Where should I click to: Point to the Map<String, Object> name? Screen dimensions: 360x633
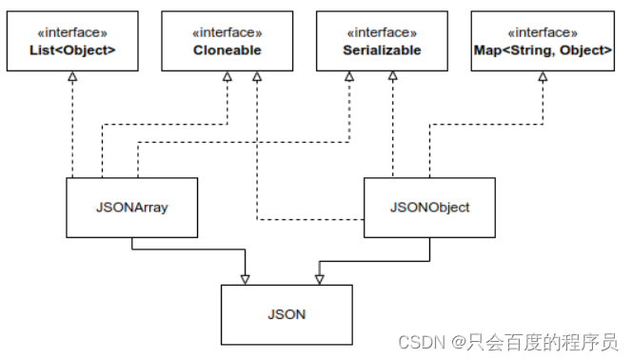pyautogui.click(x=542, y=50)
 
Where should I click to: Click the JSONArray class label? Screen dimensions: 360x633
pyautogui.click(x=131, y=207)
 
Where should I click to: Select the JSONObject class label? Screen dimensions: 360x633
pyautogui.click(x=430, y=207)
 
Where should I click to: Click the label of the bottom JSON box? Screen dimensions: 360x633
pyautogui.click(x=287, y=313)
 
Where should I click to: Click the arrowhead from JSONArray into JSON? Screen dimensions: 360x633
pyautogui.click(x=246, y=278)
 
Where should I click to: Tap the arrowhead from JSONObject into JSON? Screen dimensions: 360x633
pyautogui.click(x=319, y=278)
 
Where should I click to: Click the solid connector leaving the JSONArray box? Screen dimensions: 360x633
pyautogui.click(x=190, y=250)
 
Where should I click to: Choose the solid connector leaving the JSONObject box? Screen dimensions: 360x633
pyautogui.click(x=381, y=257)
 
